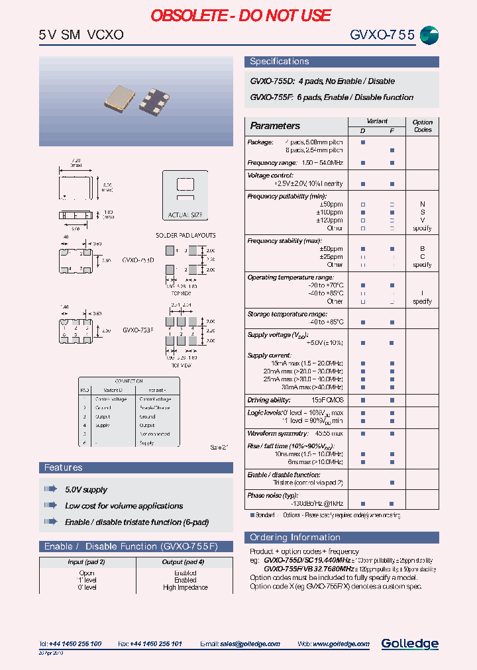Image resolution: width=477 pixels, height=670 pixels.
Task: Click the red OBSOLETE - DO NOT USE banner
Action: pyautogui.click(x=240, y=15)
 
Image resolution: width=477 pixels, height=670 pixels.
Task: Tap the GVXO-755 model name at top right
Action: pyautogui.click(x=383, y=36)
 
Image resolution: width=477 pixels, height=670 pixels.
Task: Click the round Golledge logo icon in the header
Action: pyautogui.click(x=429, y=36)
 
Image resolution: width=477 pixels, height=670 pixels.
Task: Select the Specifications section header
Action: pyautogui.click(x=279, y=62)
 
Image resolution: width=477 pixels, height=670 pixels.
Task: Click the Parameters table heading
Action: pyautogui.click(x=275, y=126)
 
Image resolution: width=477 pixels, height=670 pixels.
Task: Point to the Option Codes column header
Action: pyautogui.click(x=422, y=126)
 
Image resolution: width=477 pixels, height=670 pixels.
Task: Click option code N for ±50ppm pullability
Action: pyautogui.click(x=422, y=205)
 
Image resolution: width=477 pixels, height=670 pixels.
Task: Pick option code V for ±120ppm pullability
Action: pyautogui.click(x=422, y=220)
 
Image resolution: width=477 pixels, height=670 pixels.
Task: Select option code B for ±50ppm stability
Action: pyautogui.click(x=422, y=249)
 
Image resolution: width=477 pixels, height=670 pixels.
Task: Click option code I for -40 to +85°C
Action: pyautogui.click(x=422, y=293)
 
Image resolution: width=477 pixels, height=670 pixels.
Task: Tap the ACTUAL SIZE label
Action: pyautogui.click(x=185, y=215)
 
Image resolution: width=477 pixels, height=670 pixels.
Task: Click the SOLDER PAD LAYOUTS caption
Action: pyautogui.click(x=185, y=236)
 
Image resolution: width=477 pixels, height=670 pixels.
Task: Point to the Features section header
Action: pyautogui.click(x=64, y=468)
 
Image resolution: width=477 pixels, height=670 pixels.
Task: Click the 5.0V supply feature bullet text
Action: pyautogui.click(x=86, y=490)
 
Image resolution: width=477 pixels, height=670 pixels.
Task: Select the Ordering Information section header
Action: pyautogui.click(x=295, y=538)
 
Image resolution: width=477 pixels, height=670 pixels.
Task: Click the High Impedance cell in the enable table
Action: pyautogui.click(x=185, y=588)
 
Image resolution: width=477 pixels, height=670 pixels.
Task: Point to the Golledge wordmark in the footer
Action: pyautogui.click(x=409, y=644)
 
